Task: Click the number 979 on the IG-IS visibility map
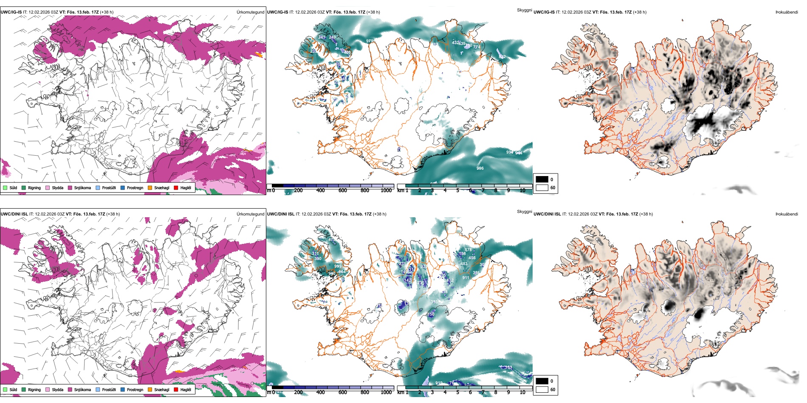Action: coord(370,41)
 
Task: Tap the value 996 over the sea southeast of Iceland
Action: coord(480,168)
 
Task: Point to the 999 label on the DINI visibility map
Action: coord(338,266)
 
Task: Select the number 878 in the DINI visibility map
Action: coord(468,250)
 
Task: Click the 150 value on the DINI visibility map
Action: coord(431,314)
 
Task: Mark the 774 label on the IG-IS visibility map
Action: coord(477,47)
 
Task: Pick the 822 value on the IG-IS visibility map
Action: coord(502,57)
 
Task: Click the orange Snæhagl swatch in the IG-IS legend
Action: coord(150,188)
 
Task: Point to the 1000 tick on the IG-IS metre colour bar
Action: coord(386,190)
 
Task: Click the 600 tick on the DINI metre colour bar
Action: coord(343,392)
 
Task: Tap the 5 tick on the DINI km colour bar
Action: coord(457,392)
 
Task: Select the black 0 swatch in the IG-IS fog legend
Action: coord(542,179)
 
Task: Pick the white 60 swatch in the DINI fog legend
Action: coord(542,389)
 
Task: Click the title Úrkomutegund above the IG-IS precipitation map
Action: coord(250,12)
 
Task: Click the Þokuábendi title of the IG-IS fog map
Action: coord(787,12)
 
